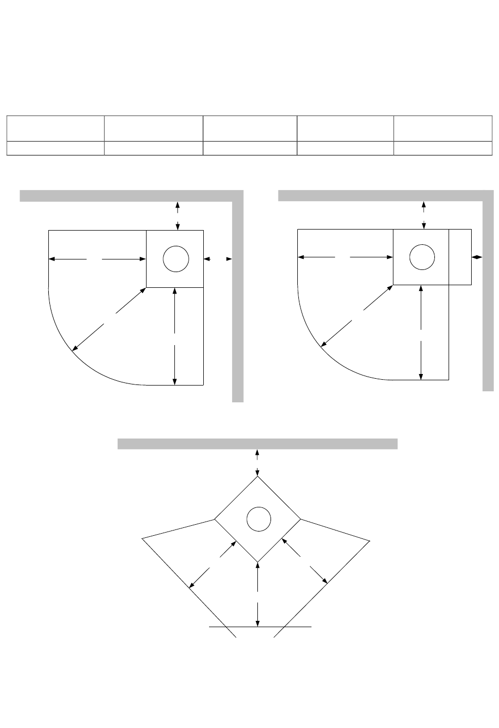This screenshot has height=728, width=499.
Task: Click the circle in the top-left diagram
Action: pos(175,259)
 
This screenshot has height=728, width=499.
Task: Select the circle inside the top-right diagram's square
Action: pos(421,257)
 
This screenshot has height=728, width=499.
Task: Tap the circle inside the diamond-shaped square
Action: pos(258,519)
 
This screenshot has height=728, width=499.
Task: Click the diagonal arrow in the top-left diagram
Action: pos(109,319)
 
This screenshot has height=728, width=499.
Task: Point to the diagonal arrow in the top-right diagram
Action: pos(357,316)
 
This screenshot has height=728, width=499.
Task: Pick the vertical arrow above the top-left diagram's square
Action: pos(178,215)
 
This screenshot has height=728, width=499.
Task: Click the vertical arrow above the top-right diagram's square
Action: pos(424,214)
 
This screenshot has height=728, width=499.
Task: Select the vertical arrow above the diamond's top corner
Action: pos(257,462)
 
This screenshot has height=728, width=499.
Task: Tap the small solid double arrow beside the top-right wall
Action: pos(477,257)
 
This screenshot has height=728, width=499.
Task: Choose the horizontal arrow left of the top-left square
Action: pos(97,258)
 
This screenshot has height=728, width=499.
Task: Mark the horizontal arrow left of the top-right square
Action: pos(346,257)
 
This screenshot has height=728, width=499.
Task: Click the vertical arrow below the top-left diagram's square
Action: pos(175,336)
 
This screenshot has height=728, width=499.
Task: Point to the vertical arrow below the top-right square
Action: pos(421,332)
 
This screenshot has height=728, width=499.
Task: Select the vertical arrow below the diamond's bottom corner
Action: pos(257,594)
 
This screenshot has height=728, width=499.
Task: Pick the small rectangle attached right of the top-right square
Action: pos(460,257)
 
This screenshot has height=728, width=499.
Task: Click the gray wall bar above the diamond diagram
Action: pos(257,444)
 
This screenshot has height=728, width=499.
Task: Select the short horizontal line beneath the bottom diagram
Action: pos(261,627)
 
